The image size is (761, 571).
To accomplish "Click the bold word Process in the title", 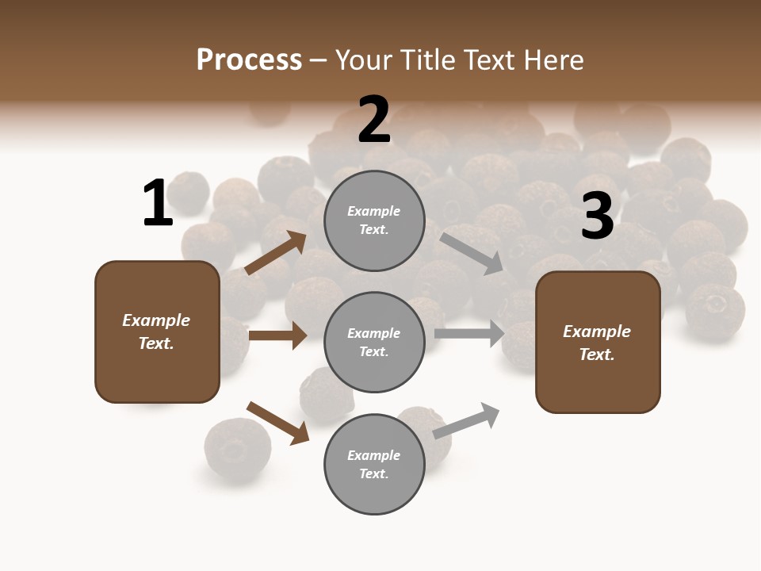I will [x=249, y=59].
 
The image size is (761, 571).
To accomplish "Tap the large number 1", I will [x=158, y=203].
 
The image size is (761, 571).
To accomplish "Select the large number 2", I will [x=374, y=120].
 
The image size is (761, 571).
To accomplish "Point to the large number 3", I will [x=597, y=217].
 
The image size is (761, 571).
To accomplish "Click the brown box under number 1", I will [x=157, y=331].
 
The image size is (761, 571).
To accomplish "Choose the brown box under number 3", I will [x=598, y=343].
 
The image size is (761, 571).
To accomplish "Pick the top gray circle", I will [x=374, y=220].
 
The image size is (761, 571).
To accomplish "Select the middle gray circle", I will [x=374, y=343].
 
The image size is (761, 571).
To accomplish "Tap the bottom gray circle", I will [x=374, y=465].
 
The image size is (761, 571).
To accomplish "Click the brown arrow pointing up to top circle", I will [x=276, y=253].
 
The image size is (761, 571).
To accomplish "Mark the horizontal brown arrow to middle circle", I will [x=277, y=335].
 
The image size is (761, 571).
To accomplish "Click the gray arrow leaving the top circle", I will [x=471, y=253].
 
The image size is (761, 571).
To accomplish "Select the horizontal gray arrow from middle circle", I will [x=469, y=333].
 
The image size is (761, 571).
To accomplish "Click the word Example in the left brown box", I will [x=156, y=320].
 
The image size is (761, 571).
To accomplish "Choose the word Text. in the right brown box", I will [x=597, y=354].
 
